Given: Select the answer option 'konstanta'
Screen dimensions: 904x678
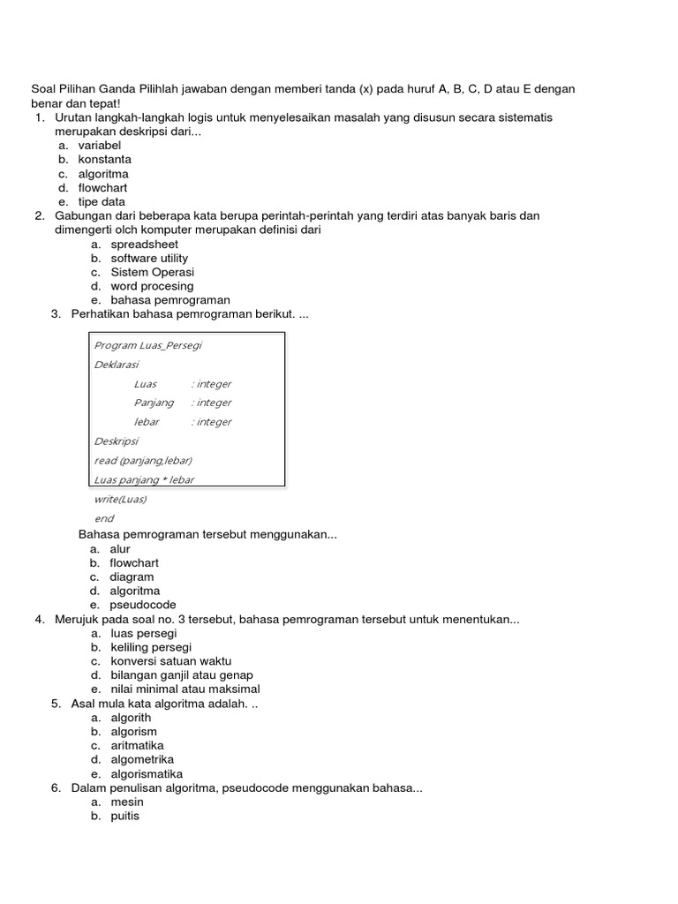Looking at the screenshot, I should [x=104, y=160].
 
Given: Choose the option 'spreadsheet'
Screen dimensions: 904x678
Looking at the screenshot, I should [x=144, y=245].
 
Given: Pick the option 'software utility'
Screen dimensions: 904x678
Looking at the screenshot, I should [x=149, y=259].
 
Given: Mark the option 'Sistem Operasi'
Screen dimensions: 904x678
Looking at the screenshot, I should [x=152, y=273].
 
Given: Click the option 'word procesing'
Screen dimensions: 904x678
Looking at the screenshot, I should [x=152, y=287].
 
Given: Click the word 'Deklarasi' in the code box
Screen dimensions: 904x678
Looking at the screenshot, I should [x=116, y=365].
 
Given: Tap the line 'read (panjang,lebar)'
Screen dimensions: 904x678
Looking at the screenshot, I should [x=143, y=461].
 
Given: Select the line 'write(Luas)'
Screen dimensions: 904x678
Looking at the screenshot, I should [x=120, y=500].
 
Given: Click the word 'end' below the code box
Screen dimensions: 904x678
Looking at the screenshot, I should [x=104, y=519].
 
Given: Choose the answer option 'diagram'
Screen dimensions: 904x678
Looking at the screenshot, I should [x=132, y=577].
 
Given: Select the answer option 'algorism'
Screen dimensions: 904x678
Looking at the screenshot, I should [x=134, y=732].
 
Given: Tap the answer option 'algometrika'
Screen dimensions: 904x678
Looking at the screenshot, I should [x=142, y=760].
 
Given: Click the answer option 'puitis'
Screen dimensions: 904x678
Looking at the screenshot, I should [x=125, y=817].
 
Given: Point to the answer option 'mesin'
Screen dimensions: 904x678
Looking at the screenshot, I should [x=127, y=802].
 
